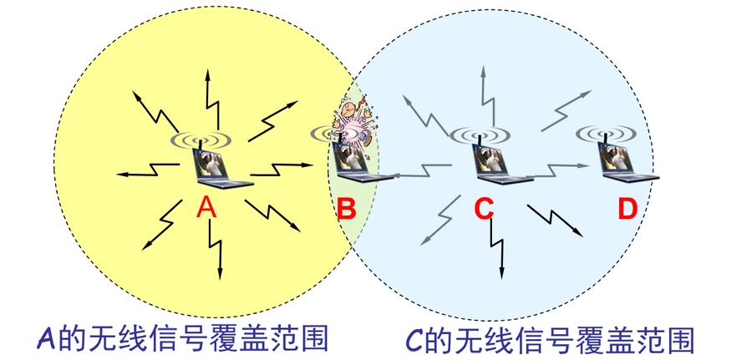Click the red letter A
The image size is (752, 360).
(x=207, y=208)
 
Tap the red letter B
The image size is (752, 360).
(x=346, y=209)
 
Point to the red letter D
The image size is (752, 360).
(x=628, y=209)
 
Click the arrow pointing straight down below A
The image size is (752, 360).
(x=216, y=251)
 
